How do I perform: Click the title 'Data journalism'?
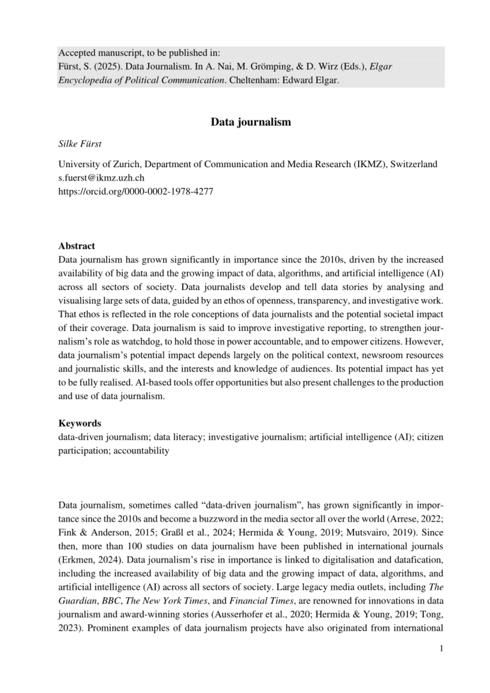click(x=251, y=122)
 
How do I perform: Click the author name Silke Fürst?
click(x=80, y=144)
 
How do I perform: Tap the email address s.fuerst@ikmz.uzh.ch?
click(x=101, y=178)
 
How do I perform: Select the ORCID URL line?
click(x=135, y=191)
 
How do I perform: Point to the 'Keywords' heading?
click(x=80, y=423)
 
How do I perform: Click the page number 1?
click(x=441, y=648)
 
